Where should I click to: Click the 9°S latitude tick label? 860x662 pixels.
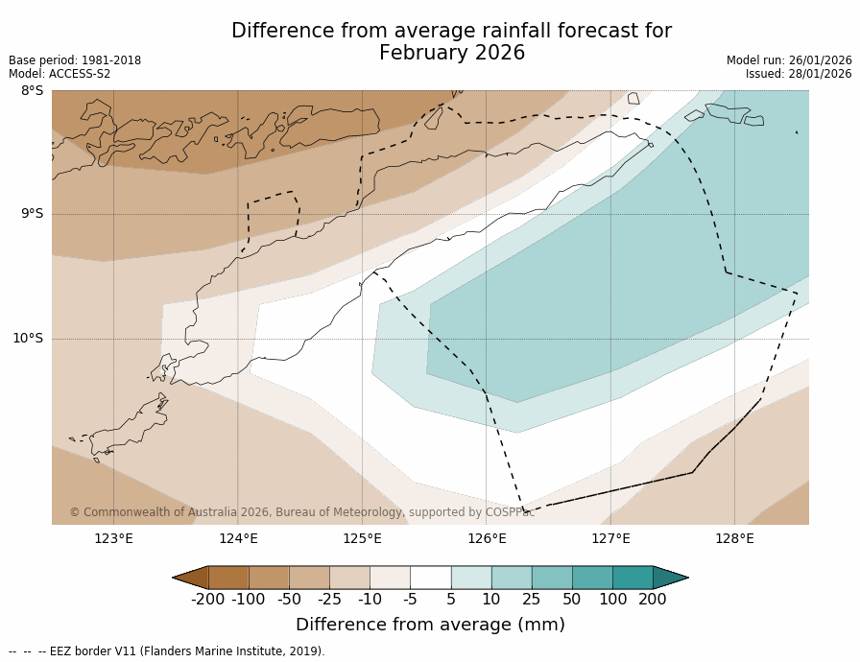(x=32, y=214)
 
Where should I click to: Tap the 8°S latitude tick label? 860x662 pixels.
(x=32, y=90)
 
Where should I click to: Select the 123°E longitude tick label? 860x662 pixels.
(x=113, y=538)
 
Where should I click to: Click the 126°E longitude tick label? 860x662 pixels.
(x=487, y=538)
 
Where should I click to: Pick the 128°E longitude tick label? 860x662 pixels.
(x=734, y=538)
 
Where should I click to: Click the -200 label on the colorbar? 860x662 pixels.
(x=207, y=600)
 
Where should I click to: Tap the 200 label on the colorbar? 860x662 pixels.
(x=653, y=600)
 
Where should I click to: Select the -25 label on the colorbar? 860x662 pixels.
(x=329, y=600)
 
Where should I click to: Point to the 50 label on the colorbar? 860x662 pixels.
(x=572, y=600)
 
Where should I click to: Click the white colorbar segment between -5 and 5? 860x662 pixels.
(x=430, y=578)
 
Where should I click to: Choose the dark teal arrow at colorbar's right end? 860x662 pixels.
(x=670, y=578)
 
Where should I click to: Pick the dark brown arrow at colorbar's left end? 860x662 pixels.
(x=191, y=578)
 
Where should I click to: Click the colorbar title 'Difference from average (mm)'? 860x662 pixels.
(x=430, y=625)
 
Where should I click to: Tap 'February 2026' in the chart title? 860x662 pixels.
(x=452, y=54)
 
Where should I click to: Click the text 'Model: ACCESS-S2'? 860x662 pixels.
(x=60, y=74)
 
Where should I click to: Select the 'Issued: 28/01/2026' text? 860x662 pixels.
(x=799, y=74)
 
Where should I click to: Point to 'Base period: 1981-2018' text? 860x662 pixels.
(x=75, y=60)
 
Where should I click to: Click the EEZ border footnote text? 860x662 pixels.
(x=167, y=651)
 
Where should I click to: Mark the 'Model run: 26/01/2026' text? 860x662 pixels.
(x=789, y=60)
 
